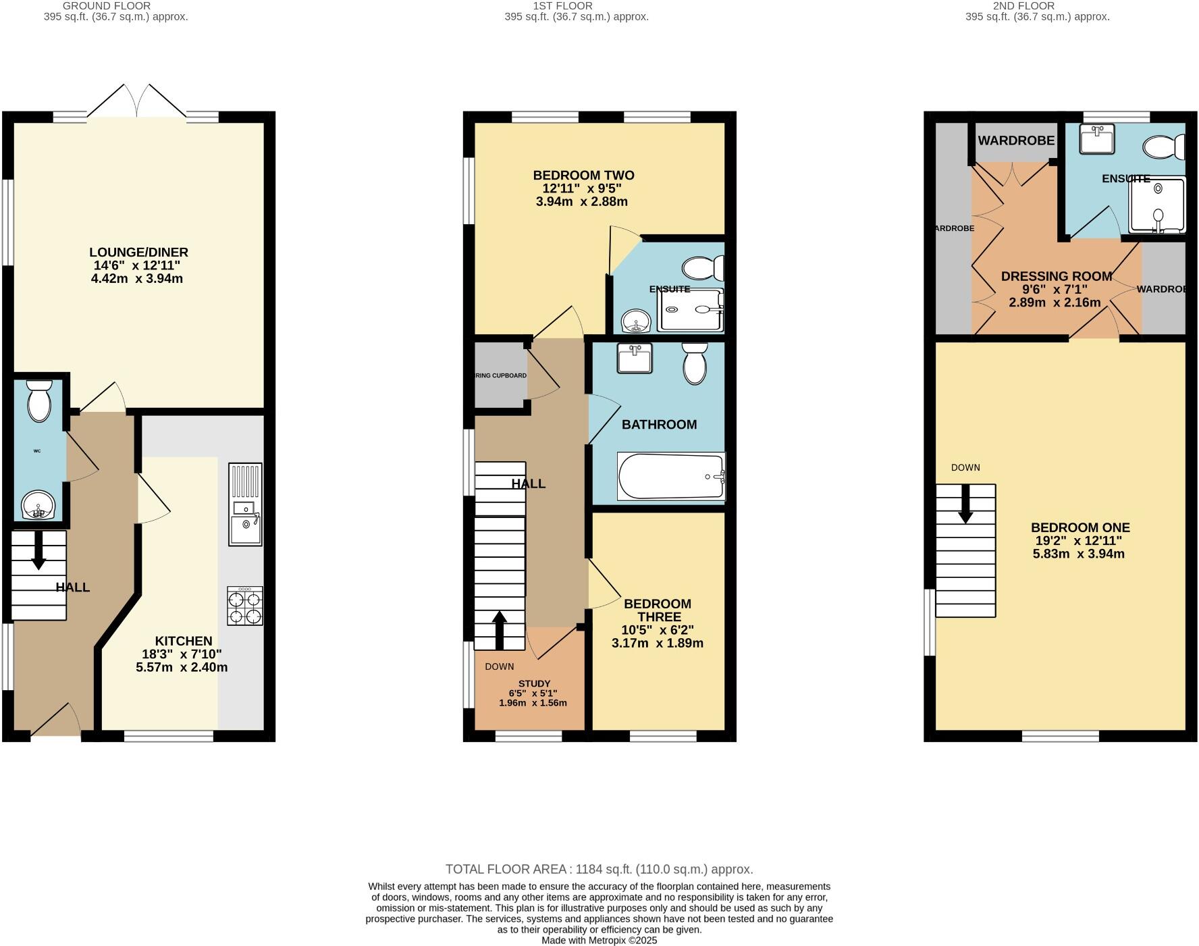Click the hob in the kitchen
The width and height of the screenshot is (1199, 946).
pyautogui.click(x=245, y=606)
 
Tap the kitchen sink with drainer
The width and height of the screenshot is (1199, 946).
pyautogui.click(x=245, y=504)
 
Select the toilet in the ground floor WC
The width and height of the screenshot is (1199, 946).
pyautogui.click(x=39, y=400)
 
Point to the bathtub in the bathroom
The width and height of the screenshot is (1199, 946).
pyautogui.click(x=671, y=477)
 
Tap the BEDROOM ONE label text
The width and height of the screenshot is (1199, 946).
pyautogui.click(x=1080, y=528)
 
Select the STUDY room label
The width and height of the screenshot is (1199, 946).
pyautogui.click(x=534, y=683)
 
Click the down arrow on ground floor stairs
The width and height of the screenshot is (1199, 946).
pyautogui.click(x=38, y=550)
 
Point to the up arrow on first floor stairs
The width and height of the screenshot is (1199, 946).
pyautogui.click(x=499, y=630)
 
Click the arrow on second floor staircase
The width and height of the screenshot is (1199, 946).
pyautogui.click(x=965, y=504)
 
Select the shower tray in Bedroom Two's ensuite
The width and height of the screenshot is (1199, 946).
pyautogui.click(x=690, y=310)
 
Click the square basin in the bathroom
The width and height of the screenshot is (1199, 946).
pyautogui.click(x=634, y=358)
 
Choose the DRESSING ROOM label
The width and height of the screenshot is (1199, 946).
pyautogui.click(x=1056, y=276)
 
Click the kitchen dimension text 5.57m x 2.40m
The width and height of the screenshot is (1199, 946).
pyautogui.click(x=182, y=668)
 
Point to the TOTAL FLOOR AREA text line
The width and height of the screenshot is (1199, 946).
pyautogui.click(x=599, y=870)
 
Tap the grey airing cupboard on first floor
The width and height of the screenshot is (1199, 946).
pyautogui.click(x=500, y=375)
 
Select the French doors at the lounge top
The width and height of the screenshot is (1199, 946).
pyautogui.click(x=137, y=101)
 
